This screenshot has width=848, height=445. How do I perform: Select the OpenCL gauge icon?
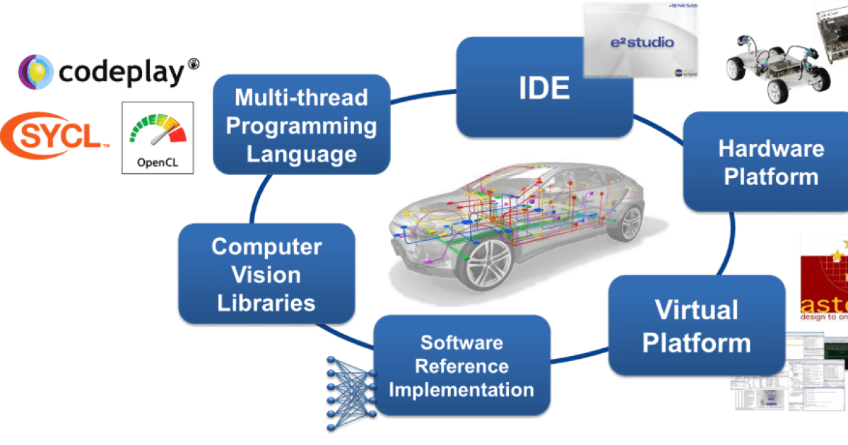157,138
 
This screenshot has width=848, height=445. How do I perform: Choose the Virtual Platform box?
696,326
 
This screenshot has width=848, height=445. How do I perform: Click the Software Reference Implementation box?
462,366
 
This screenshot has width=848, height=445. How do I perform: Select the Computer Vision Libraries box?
266,275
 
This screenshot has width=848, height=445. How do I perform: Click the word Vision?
266,275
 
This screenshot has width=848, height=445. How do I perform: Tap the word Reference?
462,366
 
